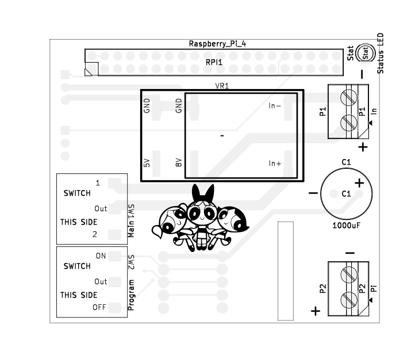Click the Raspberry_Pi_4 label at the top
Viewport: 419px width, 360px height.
(217, 44)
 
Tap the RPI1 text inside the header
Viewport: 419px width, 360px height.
(214, 62)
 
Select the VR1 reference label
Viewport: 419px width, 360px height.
(222, 86)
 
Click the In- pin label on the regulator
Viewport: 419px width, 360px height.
(275, 106)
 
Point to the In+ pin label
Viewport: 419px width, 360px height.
(275, 163)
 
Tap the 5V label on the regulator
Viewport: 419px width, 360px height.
(147, 163)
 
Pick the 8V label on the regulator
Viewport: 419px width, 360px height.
(179, 162)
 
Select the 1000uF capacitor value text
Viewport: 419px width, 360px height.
(346, 226)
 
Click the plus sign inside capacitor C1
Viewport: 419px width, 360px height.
(359, 183)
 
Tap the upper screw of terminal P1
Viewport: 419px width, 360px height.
(349, 98)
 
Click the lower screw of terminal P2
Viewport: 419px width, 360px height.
(349, 300)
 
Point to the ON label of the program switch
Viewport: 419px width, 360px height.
(101, 256)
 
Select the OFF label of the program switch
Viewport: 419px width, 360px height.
(99, 307)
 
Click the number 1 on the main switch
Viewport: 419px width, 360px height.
(98, 183)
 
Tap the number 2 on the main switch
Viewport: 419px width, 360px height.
(95, 234)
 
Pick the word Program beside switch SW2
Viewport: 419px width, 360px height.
(131, 295)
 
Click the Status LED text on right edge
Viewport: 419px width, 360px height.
(380, 53)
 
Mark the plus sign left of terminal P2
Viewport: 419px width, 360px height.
(316, 311)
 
